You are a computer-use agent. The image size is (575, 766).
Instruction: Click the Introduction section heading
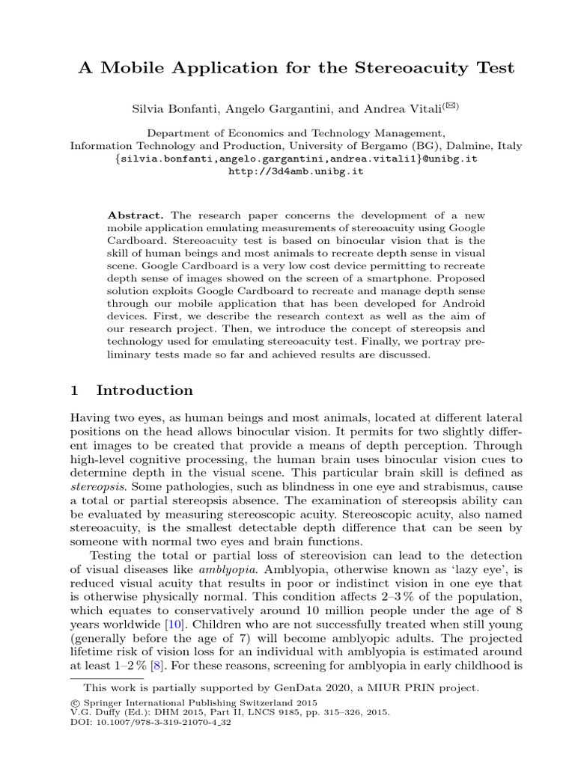144,390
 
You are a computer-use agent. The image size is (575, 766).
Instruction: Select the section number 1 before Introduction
74,390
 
